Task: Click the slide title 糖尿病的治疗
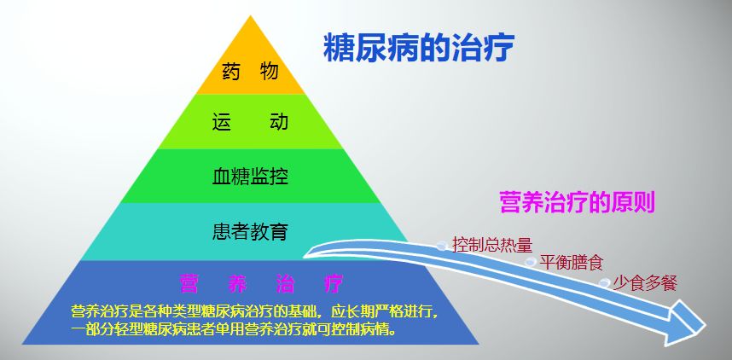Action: pyautogui.click(x=417, y=49)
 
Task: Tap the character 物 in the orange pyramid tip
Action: pyautogui.click(x=270, y=72)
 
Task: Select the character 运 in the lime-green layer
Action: pyautogui.click(x=222, y=122)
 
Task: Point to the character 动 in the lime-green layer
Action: pyautogui.click(x=278, y=122)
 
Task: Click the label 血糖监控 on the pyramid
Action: pyautogui.click(x=250, y=177)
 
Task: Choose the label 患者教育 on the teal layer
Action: pyautogui.click(x=250, y=231)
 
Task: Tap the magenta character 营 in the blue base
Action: pyautogui.click(x=189, y=282)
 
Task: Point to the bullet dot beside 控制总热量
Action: pyautogui.click(x=441, y=246)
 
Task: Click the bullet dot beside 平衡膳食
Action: pyautogui.click(x=531, y=263)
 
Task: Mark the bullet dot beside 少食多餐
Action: pyautogui.click(x=605, y=283)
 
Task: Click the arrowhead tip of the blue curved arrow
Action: pyautogui.click(x=705, y=326)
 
